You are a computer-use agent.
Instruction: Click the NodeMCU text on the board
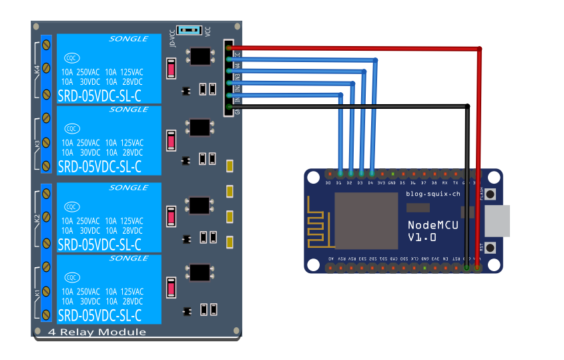click(x=433, y=226)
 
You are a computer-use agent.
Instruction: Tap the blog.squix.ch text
click(x=433, y=194)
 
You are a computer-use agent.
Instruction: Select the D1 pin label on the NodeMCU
click(x=338, y=182)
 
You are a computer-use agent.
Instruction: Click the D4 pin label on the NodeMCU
click(x=370, y=182)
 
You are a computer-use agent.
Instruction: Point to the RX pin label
click(x=445, y=182)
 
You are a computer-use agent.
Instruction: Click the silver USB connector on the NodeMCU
click(x=497, y=221)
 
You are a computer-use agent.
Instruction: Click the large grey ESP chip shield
click(x=365, y=221)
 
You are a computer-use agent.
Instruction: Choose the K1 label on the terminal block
click(x=37, y=292)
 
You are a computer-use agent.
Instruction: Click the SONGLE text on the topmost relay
click(x=128, y=39)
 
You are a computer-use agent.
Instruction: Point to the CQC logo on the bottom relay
click(x=71, y=277)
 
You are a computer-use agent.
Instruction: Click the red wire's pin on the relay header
click(x=230, y=48)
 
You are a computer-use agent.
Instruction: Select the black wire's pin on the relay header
click(x=230, y=106)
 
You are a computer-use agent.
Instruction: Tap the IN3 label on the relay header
click(x=236, y=77)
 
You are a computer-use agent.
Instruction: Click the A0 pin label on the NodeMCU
click(x=330, y=258)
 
